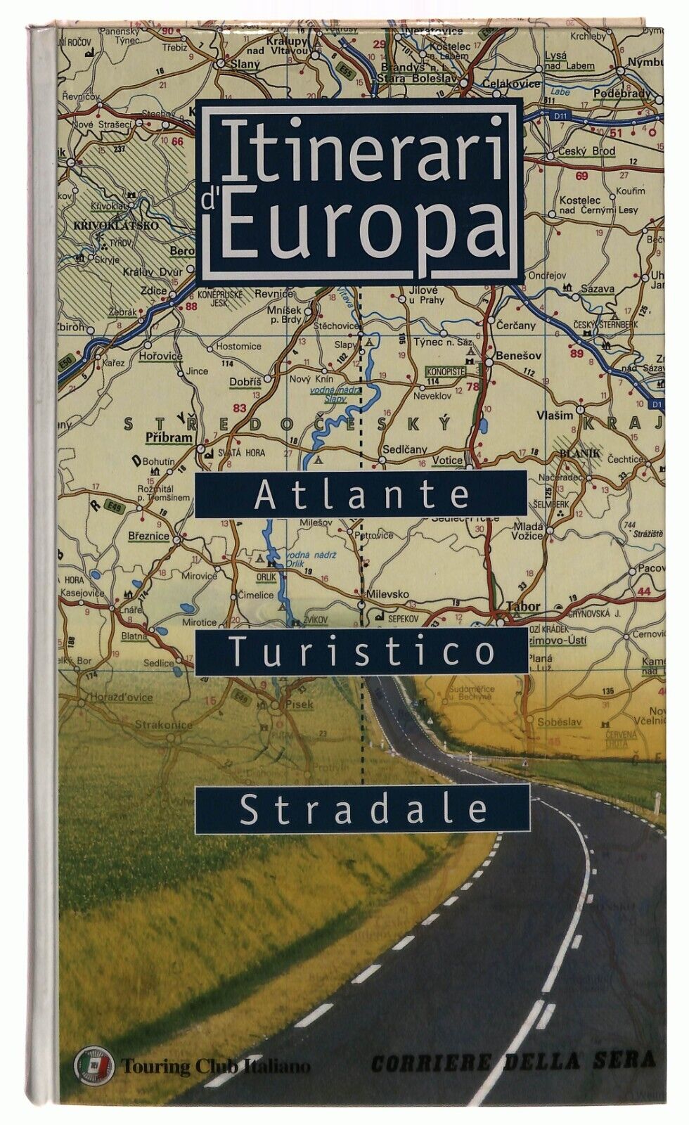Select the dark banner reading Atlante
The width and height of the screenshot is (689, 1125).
coord(362,494)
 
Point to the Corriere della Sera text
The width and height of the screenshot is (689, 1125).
coord(513,1062)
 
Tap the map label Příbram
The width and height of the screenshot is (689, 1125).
coord(168,437)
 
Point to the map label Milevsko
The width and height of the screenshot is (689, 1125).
coord(408,594)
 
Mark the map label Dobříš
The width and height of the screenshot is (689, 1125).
coord(245,382)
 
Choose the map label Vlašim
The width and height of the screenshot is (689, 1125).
coord(555,416)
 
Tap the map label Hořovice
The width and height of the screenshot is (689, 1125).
coord(160,356)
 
